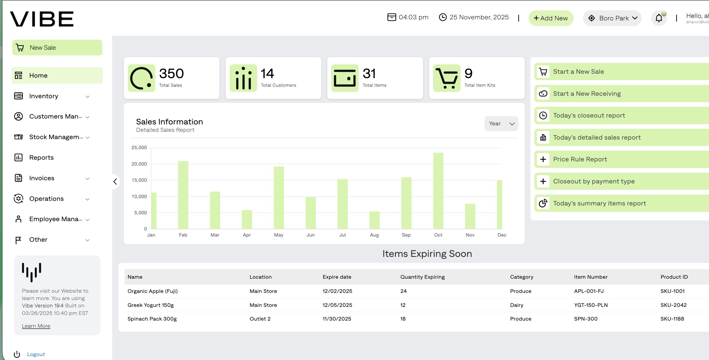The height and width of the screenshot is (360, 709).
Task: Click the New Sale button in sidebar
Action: tap(57, 48)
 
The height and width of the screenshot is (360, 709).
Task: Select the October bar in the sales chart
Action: tap(438, 191)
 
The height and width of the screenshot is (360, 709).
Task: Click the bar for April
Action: tap(247, 219)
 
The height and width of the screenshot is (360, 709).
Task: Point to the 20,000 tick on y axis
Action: tap(139, 164)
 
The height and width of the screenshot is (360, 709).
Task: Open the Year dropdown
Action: tap(501, 124)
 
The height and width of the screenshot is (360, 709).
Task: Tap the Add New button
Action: tap(551, 18)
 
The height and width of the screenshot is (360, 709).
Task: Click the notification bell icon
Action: tap(659, 18)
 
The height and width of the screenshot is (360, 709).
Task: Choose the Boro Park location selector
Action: tap(612, 18)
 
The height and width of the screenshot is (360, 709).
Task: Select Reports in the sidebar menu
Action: tap(41, 157)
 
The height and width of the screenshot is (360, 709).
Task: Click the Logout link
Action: tap(36, 354)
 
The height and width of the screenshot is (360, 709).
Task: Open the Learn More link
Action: tap(36, 326)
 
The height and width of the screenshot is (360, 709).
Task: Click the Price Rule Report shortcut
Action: tap(580, 159)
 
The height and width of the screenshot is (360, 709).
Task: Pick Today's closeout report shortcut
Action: tap(589, 116)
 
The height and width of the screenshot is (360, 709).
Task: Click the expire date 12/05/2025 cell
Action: tap(337, 305)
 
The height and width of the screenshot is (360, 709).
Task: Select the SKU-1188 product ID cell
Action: tap(672, 319)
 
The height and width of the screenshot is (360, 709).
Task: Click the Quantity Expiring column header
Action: tap(422, 277)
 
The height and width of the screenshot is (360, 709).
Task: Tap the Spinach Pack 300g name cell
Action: tap(152, 319)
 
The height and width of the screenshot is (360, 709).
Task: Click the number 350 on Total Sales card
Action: tap(171, 73)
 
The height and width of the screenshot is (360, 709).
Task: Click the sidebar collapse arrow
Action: tap(115, 182)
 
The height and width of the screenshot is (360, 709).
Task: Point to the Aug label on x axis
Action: tap(374, 235)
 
